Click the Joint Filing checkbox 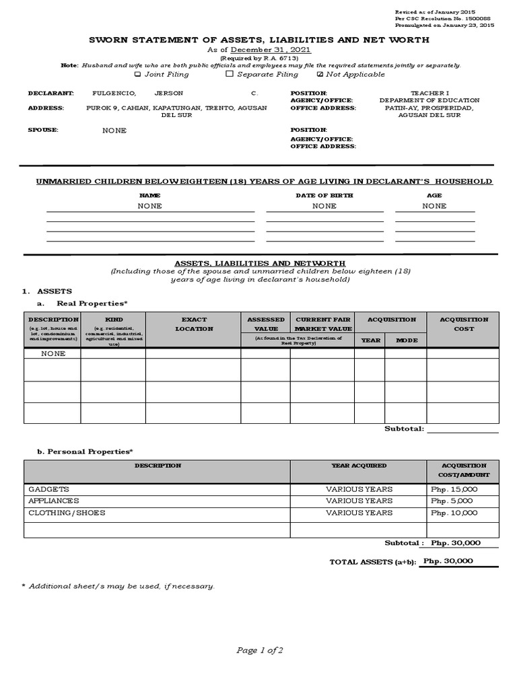coord(138,75)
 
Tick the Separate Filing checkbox coord(230,75)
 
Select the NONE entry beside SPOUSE coord(114,131)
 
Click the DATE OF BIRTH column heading coord(324,195)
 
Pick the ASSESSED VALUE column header coord(266,324)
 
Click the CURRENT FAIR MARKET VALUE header coord(322,324)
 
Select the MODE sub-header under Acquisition coord(407,340)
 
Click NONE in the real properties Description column coord(53,353)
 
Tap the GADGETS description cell coord(48,489)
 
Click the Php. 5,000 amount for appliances coord(452,501)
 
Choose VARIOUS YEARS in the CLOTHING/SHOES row coord(359,513)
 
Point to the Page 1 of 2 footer coord(259,650)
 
